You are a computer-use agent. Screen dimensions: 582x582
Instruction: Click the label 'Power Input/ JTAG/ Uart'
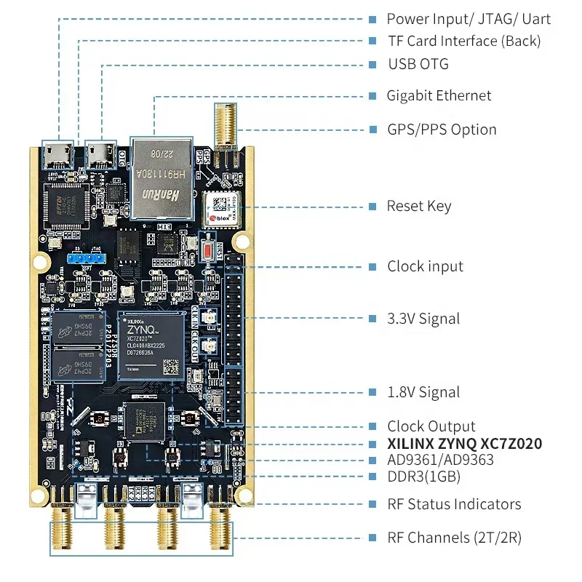tap(469, 20)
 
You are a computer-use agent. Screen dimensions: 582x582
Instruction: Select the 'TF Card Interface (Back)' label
tap(463, 41)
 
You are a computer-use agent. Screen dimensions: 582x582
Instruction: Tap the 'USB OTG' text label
tap(418, 64)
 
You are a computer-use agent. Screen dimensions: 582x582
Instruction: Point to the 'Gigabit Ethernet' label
tap(439, 96)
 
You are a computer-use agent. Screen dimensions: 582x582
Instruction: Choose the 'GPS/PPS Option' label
tap(442, 130)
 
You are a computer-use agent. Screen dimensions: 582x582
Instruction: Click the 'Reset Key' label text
tap(419, 207)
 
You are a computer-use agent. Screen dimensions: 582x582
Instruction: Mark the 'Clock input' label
tap(425, 266)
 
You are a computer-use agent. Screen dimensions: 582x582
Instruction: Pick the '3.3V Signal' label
tap(423, 319)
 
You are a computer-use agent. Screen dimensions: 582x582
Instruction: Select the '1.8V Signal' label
tap(423, 392)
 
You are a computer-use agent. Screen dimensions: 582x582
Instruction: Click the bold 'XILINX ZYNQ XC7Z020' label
tap(464, 444)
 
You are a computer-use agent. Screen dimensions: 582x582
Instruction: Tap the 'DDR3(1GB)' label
tap(423, 477)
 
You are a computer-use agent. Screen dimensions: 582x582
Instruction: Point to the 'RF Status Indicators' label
tap(454, 504)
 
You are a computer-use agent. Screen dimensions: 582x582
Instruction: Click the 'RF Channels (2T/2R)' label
tap(454, 538)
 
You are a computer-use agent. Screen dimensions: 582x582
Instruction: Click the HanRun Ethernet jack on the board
tap(161, 178)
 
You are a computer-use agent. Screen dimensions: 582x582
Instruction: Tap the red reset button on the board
tap(206, 247)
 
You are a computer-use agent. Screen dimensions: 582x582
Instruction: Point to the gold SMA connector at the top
tap(222, 124)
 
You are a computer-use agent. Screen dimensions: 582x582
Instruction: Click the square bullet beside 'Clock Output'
tap(372, 426)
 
